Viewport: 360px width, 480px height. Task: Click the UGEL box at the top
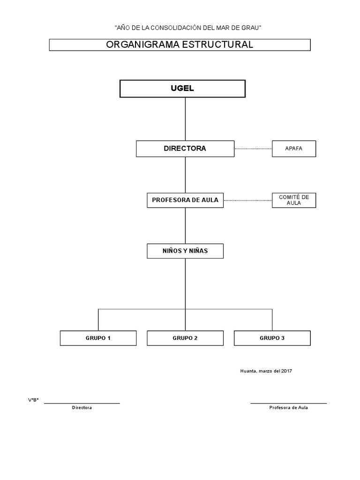tap(182, 89)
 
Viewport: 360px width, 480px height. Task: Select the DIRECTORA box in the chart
tap(185, 149)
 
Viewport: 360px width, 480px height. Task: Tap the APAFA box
tap(294, 149)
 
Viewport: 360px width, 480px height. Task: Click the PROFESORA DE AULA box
tap(185, 200)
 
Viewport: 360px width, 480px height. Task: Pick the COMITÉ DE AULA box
tap(294, 200)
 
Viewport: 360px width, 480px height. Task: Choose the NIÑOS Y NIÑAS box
tap(185, 251)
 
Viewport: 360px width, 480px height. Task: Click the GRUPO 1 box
tap(98, 338)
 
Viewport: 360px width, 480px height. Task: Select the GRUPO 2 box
tap(185, 338)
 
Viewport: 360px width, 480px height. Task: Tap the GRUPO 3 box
tap(272, 338)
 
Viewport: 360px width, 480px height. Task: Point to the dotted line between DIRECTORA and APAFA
tap(253, 149)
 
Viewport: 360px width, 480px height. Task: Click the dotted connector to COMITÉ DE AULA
tap(247, 201)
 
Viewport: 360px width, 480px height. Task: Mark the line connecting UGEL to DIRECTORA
tap(185, 119)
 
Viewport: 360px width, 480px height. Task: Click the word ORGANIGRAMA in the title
tap(142, 45)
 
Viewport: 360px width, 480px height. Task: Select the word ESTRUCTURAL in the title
tap(217, 45)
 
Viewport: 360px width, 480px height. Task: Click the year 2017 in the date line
tap(286, 371)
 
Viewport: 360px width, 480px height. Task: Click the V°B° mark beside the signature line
tap(33, 400)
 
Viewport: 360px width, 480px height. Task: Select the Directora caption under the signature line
tap(82, 408)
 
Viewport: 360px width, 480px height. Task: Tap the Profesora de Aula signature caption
tap(289, 408)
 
